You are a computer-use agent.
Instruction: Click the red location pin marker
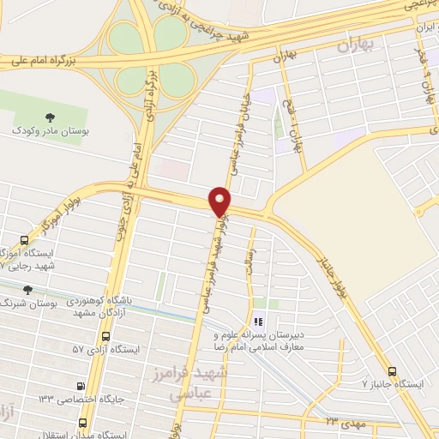point(220,201)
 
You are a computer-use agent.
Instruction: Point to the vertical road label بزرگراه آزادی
point(153,93)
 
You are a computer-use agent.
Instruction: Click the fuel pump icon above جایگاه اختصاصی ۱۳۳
point(81,386)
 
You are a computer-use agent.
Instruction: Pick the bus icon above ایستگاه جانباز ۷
point(392,371)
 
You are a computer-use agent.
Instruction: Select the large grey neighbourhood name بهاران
point(359,45)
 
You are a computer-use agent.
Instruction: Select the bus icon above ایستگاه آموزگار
point(25,241)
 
